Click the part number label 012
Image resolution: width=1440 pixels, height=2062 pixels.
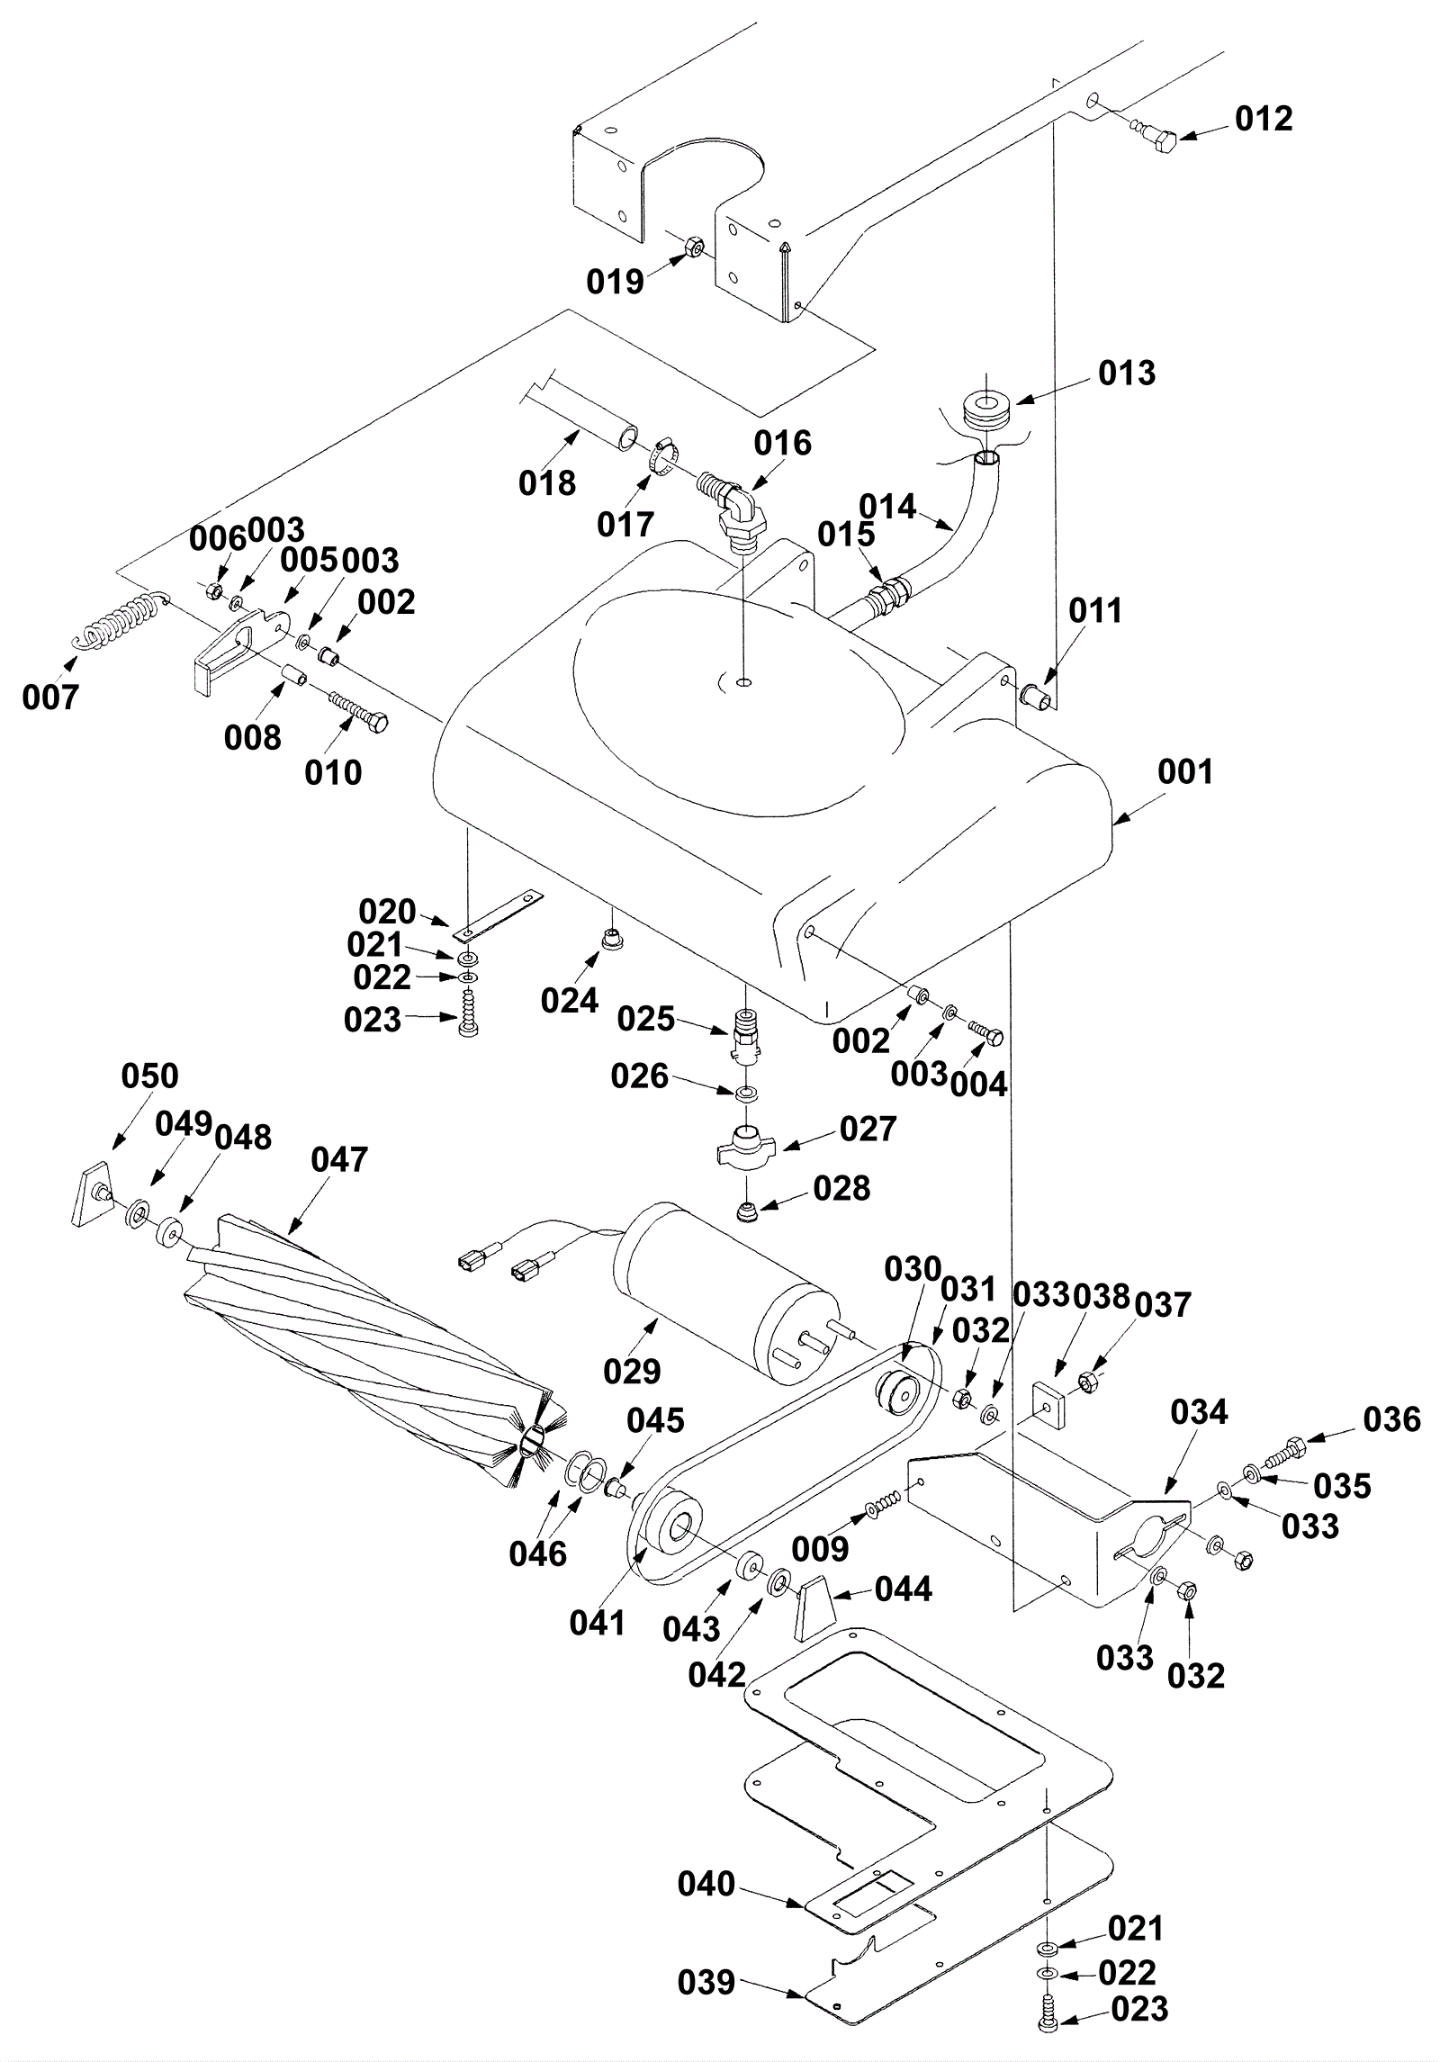[x=1263, y=119]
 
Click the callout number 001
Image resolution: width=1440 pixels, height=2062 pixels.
[x=1185, y=771]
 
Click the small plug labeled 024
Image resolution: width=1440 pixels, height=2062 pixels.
[x=613, y=941]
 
